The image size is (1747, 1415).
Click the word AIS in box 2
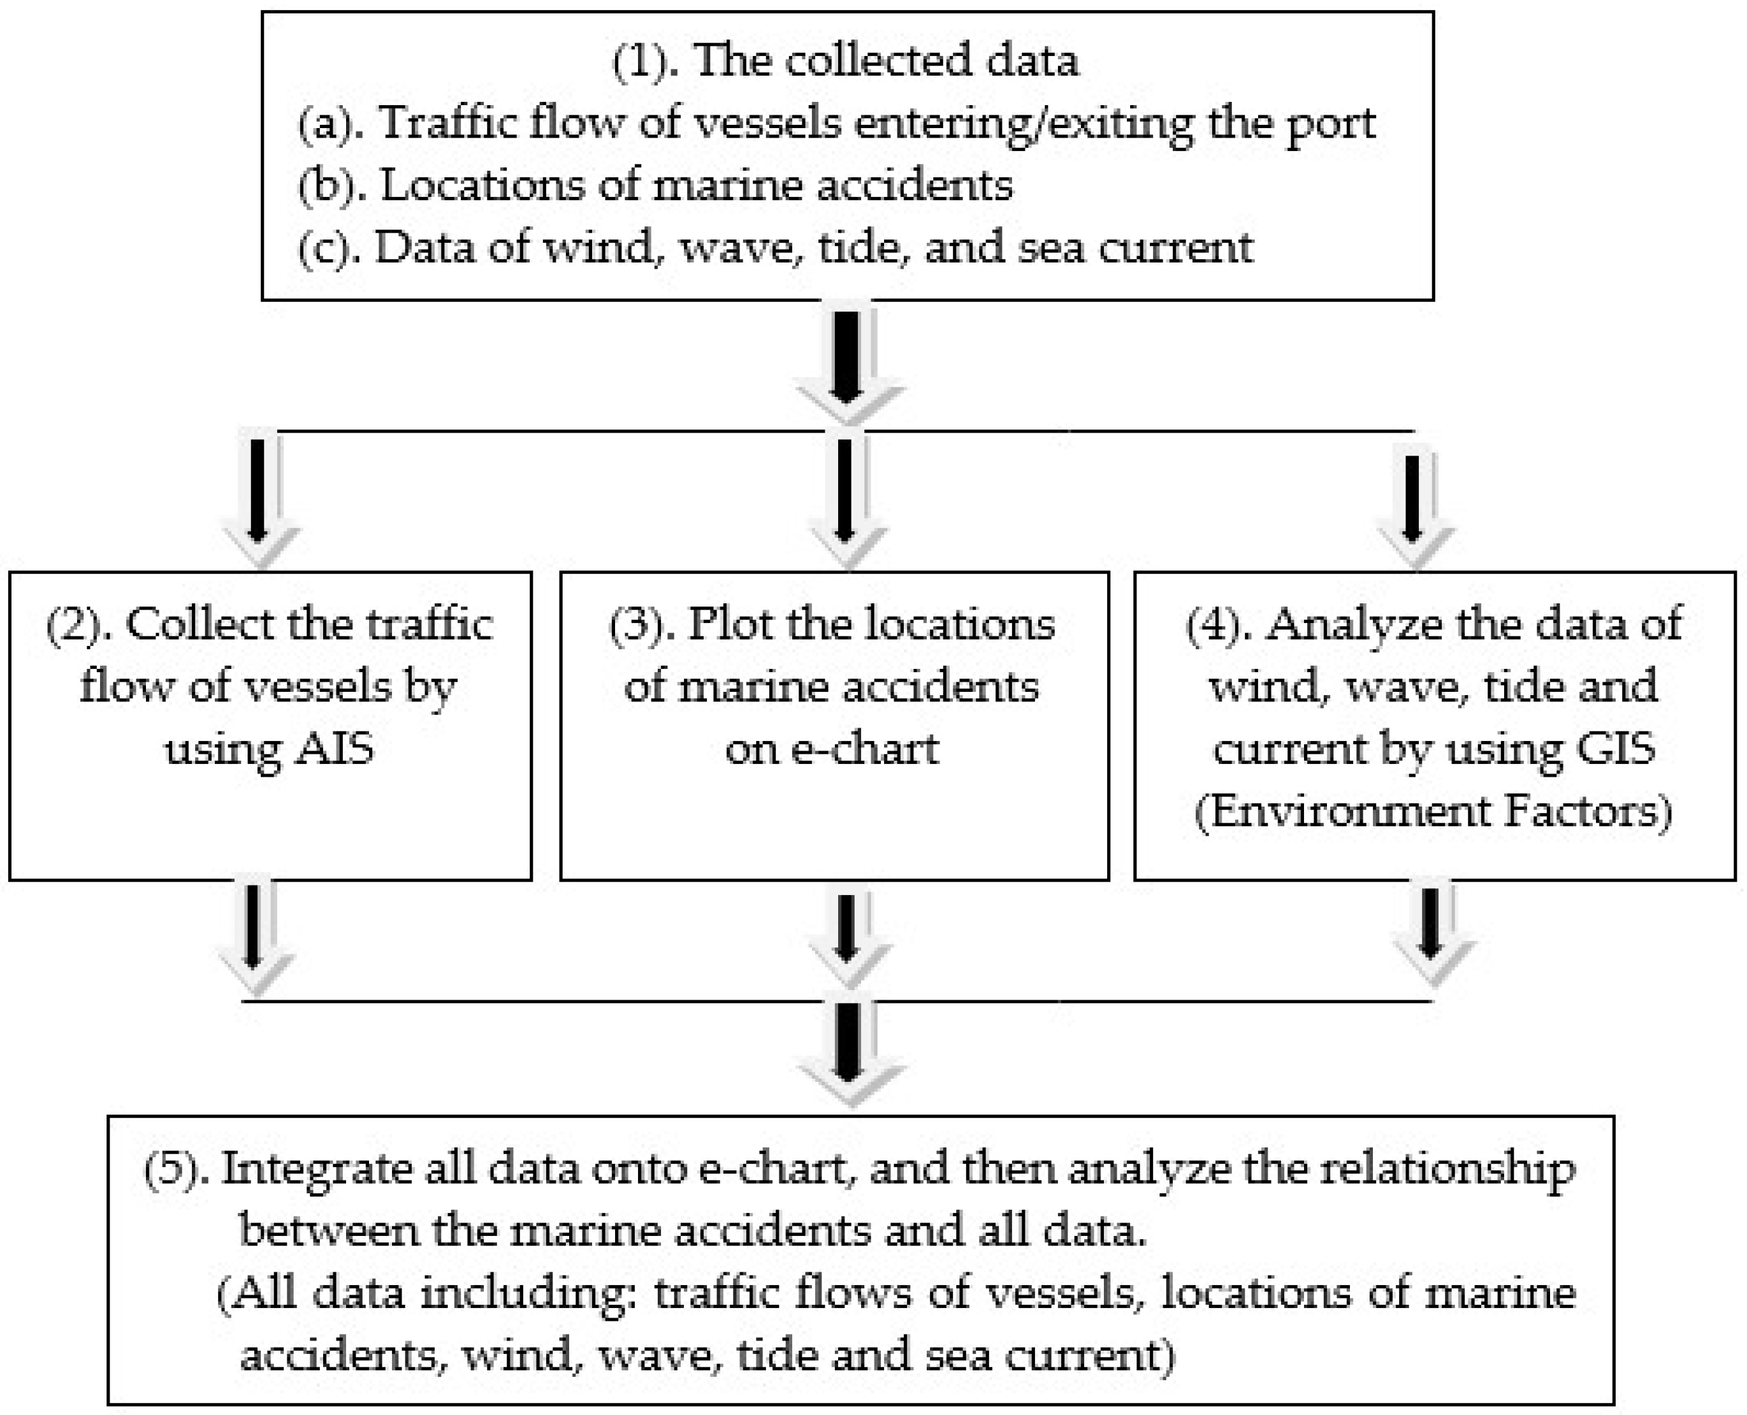pos(334,748)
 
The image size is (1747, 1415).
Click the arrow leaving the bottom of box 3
pos(847,937)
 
